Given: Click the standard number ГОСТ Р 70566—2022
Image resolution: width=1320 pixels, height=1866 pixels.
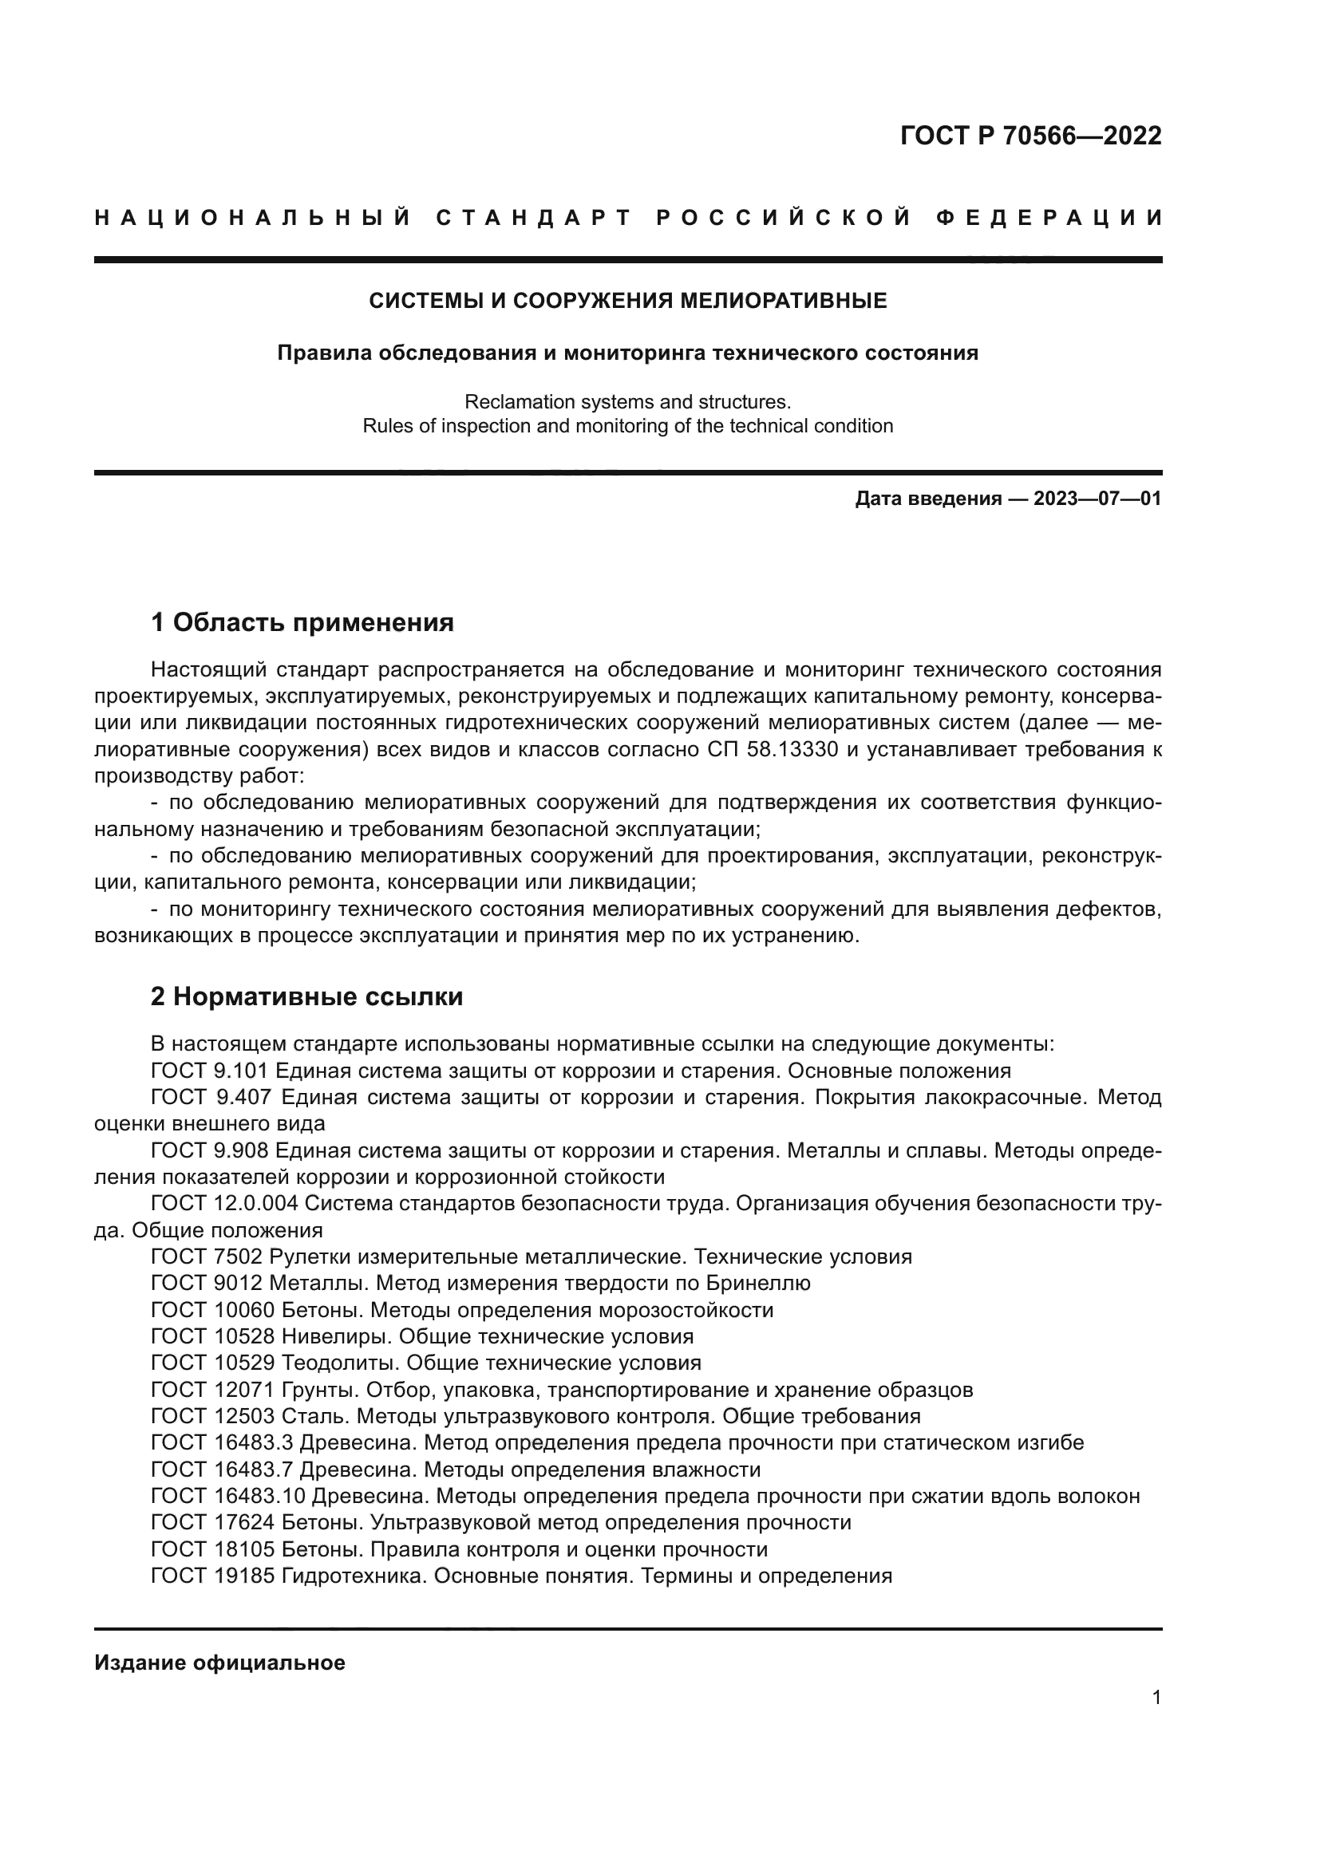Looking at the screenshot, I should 1030,136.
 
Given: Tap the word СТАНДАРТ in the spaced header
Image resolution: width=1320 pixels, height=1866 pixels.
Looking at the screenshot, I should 534,218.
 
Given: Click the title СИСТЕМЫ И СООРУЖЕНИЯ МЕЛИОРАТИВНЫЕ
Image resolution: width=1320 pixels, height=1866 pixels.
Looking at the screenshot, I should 627,302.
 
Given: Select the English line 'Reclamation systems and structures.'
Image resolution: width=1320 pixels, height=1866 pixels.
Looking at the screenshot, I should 627,402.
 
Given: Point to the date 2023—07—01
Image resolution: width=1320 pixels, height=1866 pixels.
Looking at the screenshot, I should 1097,499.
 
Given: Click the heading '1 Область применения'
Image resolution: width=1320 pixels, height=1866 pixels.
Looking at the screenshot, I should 302,623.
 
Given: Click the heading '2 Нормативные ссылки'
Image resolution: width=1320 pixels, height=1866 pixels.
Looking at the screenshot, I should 306,996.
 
